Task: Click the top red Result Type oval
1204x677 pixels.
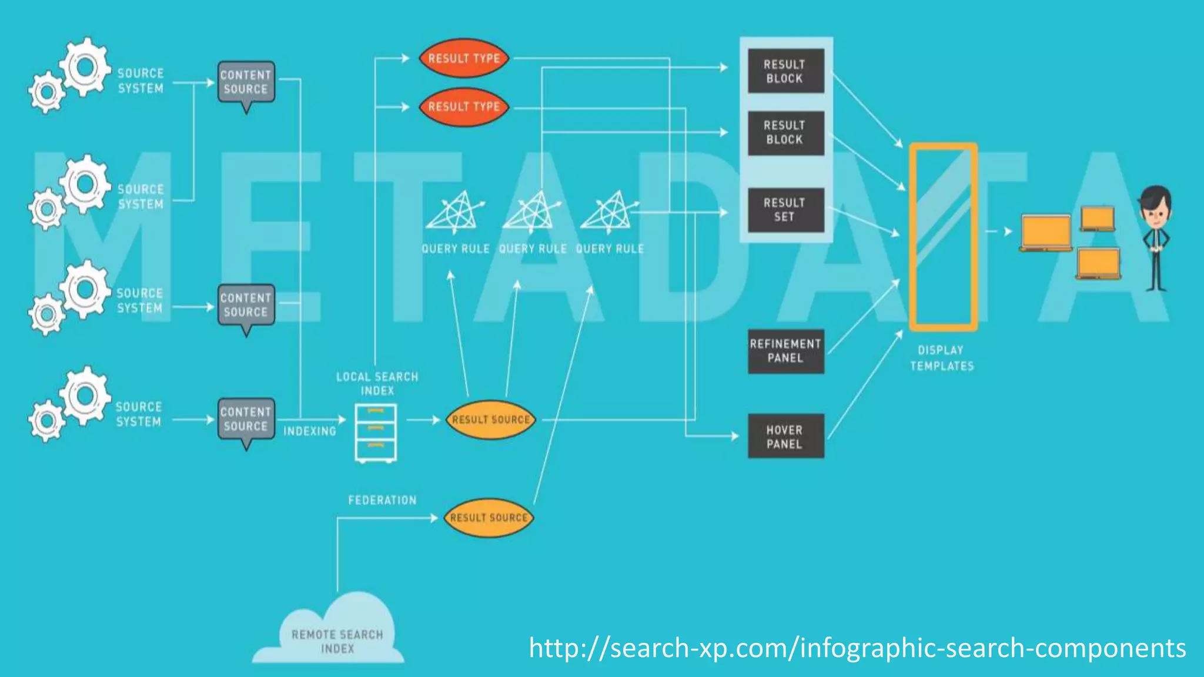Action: [464, 59]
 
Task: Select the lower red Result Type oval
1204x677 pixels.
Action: [464, 107]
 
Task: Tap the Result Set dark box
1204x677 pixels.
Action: [785, 210]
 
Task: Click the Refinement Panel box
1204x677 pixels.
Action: [785, 351]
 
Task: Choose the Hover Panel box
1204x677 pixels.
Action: [785, 437]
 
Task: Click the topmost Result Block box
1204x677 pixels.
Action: [785, 71]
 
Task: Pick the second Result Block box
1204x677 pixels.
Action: [785, 133]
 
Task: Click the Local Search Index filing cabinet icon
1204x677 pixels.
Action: [376, 433]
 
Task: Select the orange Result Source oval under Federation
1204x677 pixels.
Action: [489, 518]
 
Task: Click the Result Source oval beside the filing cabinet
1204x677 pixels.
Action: [491, 420]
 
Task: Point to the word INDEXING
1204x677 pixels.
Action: [310, 431]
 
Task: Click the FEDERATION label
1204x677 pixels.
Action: [382, 500]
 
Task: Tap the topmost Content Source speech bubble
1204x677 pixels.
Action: [246, 82]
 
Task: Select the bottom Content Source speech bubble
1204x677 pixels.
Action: [246, 418]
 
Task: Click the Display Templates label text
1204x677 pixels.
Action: [942, 358]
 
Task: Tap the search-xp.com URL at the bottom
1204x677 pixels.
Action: [857, 648]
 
